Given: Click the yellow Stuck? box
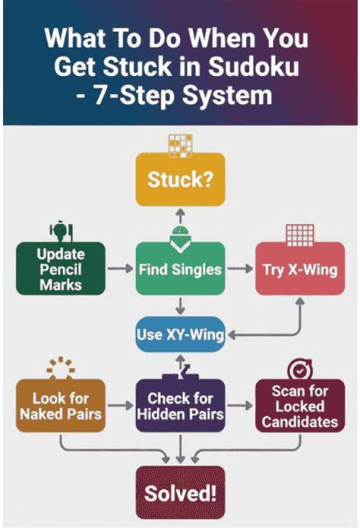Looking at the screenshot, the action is pyautogui.click(x=180, y=179).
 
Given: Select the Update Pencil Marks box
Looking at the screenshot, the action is pyautogui.click(x=60, y=268).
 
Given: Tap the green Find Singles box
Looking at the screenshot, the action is pyautogui.click(x=180, y=268).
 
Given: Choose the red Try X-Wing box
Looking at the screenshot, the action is pyautogui.click(x=300, y=268).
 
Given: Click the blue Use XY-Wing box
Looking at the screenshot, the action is pyautogui.click(x=180, y=334).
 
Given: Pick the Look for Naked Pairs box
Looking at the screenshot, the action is pyautogui.click(x=60, y=406).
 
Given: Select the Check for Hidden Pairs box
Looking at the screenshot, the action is pyautogui.click(x=180, y=406).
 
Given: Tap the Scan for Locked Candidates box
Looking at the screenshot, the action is pyautogui.click(x=300, y=406).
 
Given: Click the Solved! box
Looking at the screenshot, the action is pyautogui.click(x=180, y=492).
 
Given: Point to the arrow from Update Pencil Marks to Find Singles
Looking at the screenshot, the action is pyautogui.click(x=120, y=268).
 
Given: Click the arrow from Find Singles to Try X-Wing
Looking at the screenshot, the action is pyautogui.click(x=240, y=268).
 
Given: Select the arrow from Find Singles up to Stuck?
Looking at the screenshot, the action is pyautogui.click(x=180, y=215).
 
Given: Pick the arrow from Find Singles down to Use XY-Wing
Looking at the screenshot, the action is pyautogui.click(x=180, y=306).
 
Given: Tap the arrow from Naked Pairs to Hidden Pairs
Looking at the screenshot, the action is pyautogui.click(x=120, y=405).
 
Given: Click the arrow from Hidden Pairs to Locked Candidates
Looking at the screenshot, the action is pyautogui.click(x=240, y=405).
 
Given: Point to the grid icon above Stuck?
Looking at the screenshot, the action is pyautogui.click(x=180, y=146).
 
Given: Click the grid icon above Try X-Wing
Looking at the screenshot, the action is pyautogui.click(x=299, y=235).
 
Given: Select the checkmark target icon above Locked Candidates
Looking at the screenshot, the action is pyautogui.click(x=299, y=369).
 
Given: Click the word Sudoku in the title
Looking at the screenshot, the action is pyautogui.click(x=253, y=66).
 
